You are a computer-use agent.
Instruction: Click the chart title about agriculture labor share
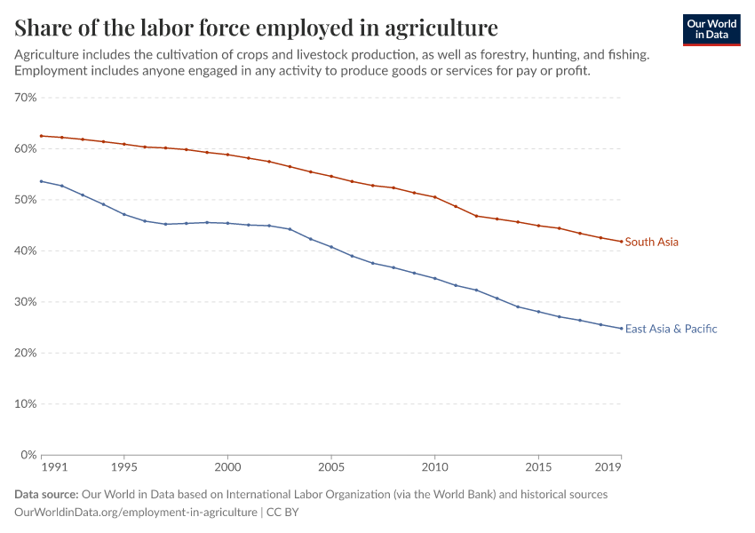click(x=257, y=27)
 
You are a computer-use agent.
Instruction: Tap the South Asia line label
click(x=652, y=242)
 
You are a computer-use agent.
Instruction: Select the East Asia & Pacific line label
click(x=671, y=329)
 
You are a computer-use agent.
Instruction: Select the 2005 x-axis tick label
click(x=331, y=466)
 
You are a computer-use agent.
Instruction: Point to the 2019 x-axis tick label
click(x=608, y=466)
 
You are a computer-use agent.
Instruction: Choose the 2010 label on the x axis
click(x=435, y=466)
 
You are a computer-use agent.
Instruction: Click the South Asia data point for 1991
click(x=41, y=136)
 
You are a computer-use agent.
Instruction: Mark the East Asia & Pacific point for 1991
click(x=41, y=181)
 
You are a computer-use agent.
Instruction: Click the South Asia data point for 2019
click(x=621, y=242)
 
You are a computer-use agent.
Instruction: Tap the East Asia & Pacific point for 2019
click(x=621, y=329)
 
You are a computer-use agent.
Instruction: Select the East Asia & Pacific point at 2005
click(x=331, y=247)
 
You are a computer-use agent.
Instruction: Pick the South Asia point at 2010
click(x=435, y=197)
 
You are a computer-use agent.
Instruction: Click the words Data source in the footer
click(x=46, y=495)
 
